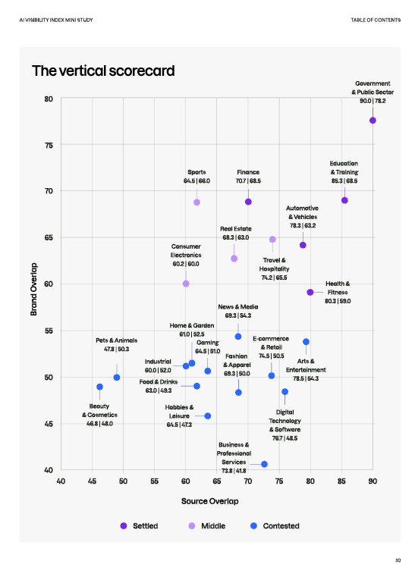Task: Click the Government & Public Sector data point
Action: pos(373,121)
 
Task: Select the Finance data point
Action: pos(248,202)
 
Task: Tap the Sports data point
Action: pos(196,202)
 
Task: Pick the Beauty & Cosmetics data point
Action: pos(99,387)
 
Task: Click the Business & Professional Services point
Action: pos(264,464)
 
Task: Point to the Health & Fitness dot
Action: pos(310,292)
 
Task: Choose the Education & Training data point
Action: pos(344,200)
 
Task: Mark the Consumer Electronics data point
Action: pos(186,284)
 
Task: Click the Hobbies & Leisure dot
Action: pos(208,416)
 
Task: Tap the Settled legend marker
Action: pos(124,525)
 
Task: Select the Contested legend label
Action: pos(281,525)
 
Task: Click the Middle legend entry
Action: pos(207,525)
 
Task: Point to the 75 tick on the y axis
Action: pos(49,145)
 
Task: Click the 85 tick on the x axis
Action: pos(341,481)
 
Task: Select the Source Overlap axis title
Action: pos(210,501)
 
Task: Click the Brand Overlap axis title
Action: pos(33,289)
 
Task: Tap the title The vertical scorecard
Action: pos(103,71)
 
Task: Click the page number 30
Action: pos(398,560)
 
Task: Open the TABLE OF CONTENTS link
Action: pos(376,20)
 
